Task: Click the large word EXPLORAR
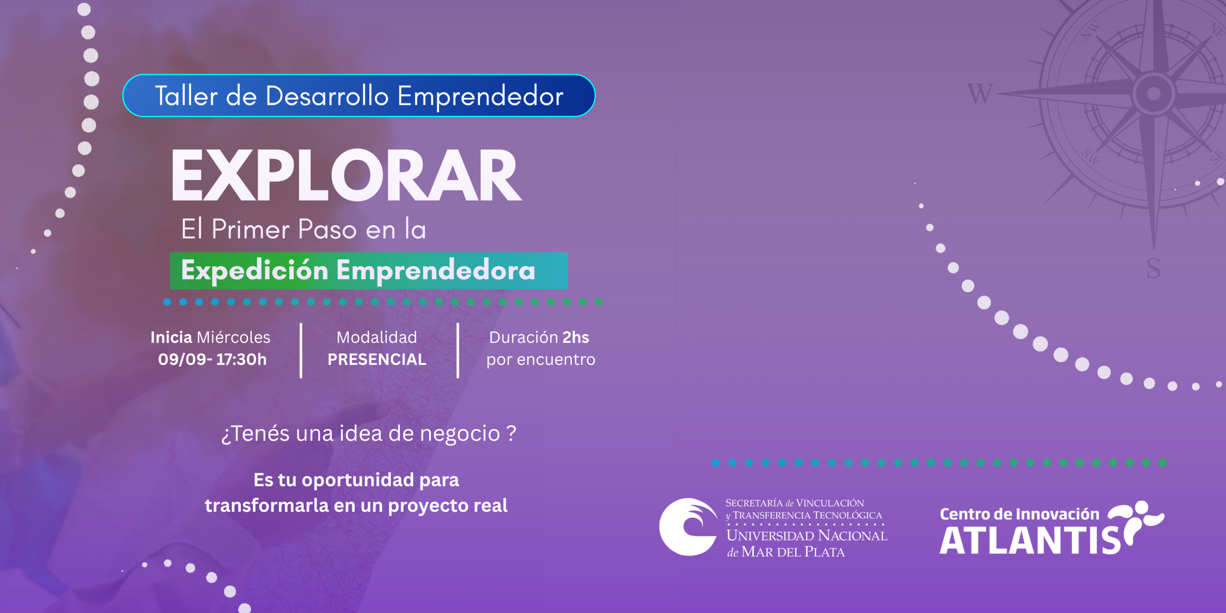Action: click(x=346, y=175)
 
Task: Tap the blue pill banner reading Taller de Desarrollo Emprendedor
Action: click(x=359, y=96)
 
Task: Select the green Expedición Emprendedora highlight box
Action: click(x=369, y=271)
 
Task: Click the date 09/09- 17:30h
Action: click(x=212, y=359)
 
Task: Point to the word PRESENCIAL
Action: click(x=377, y=359)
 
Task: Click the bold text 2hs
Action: click(x=576, y=337)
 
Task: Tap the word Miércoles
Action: click(x=234, y=337)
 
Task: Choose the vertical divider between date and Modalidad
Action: click(x=301, y=351)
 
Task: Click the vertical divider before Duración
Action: click(x=458, y=351)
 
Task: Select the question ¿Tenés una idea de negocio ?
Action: click(x=369, y=433)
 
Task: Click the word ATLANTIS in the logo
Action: click(x=1030, y=541)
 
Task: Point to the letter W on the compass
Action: click(x=980, y=94)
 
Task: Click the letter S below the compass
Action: click(x=1154, y=268)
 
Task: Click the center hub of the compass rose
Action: click(x=1154, y=93)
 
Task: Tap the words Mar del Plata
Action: click(x=793, y=552)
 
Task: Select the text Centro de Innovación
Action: click(x=1020, y=514)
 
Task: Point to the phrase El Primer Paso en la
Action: click(x=304, y=229)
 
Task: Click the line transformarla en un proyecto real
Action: click(x=356, y=506)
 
